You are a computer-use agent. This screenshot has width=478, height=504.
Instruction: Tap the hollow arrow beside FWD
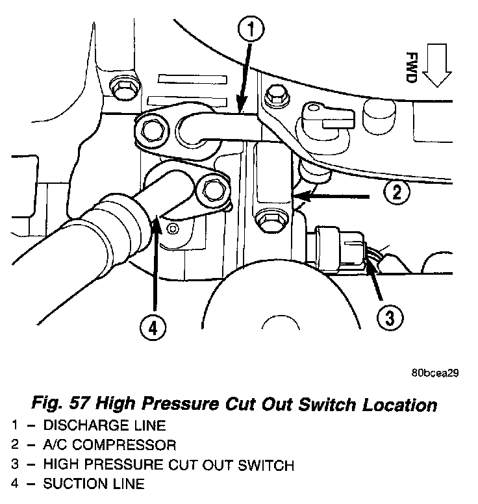(436, 67)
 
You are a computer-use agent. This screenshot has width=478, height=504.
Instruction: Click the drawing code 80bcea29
(435, 373)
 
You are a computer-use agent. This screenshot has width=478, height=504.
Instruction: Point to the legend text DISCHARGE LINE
(105, 426)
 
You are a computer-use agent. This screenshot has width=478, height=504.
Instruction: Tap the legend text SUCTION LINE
(94, 484)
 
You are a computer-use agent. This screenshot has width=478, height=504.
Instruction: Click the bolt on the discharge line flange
(153, 131)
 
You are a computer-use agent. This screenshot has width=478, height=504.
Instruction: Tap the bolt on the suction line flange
(213, 190)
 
